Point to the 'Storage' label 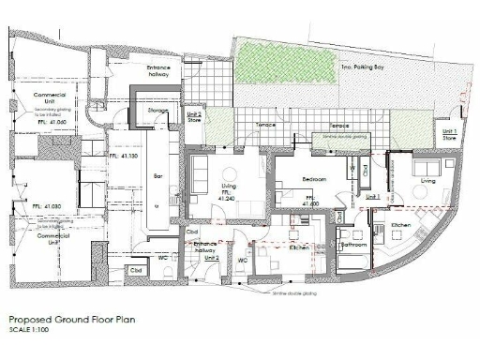[x=157, y=112]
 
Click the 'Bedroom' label [x=313, y=178]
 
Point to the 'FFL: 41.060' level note [x=51, y=122]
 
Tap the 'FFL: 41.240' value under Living [x=225, y=198]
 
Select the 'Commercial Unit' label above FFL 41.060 [x=47, y=99]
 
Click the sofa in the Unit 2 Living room [x=199, y=173]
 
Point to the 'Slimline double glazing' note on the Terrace [x=350, y=136]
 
